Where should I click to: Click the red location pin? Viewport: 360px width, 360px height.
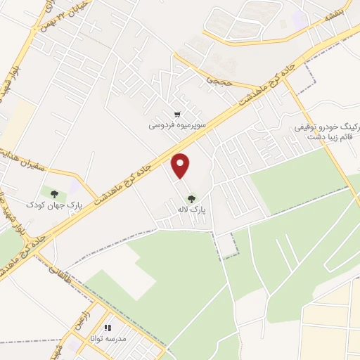[x=181, y=166]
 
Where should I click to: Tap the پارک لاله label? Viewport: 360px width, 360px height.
[x=191, y=209]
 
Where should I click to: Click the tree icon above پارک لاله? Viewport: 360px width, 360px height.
[x=191, y=198]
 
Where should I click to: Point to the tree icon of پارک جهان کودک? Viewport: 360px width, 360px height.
[x=54, y=193]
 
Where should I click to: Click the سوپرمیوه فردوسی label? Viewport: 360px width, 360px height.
[x=176, y=126]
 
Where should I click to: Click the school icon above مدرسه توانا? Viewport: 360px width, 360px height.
[x=108, y=327]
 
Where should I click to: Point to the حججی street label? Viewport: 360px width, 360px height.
[x=217, y=82]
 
